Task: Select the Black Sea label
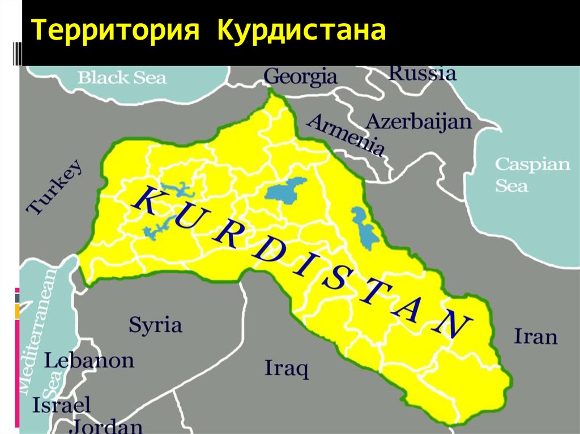pyautogui.click(x=122, y=78)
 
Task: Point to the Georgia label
pyautogui.click(x=300, y=76)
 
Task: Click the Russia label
pyautogui.click(x=422, y=73)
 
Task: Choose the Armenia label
pyautogui.click(x=346, y=135)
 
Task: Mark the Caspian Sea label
pyautogui.click(x=533, y=175)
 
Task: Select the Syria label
pyautogui.click(x=155, y=325)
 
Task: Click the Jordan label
pyautogui.click(x=107, y=426)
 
